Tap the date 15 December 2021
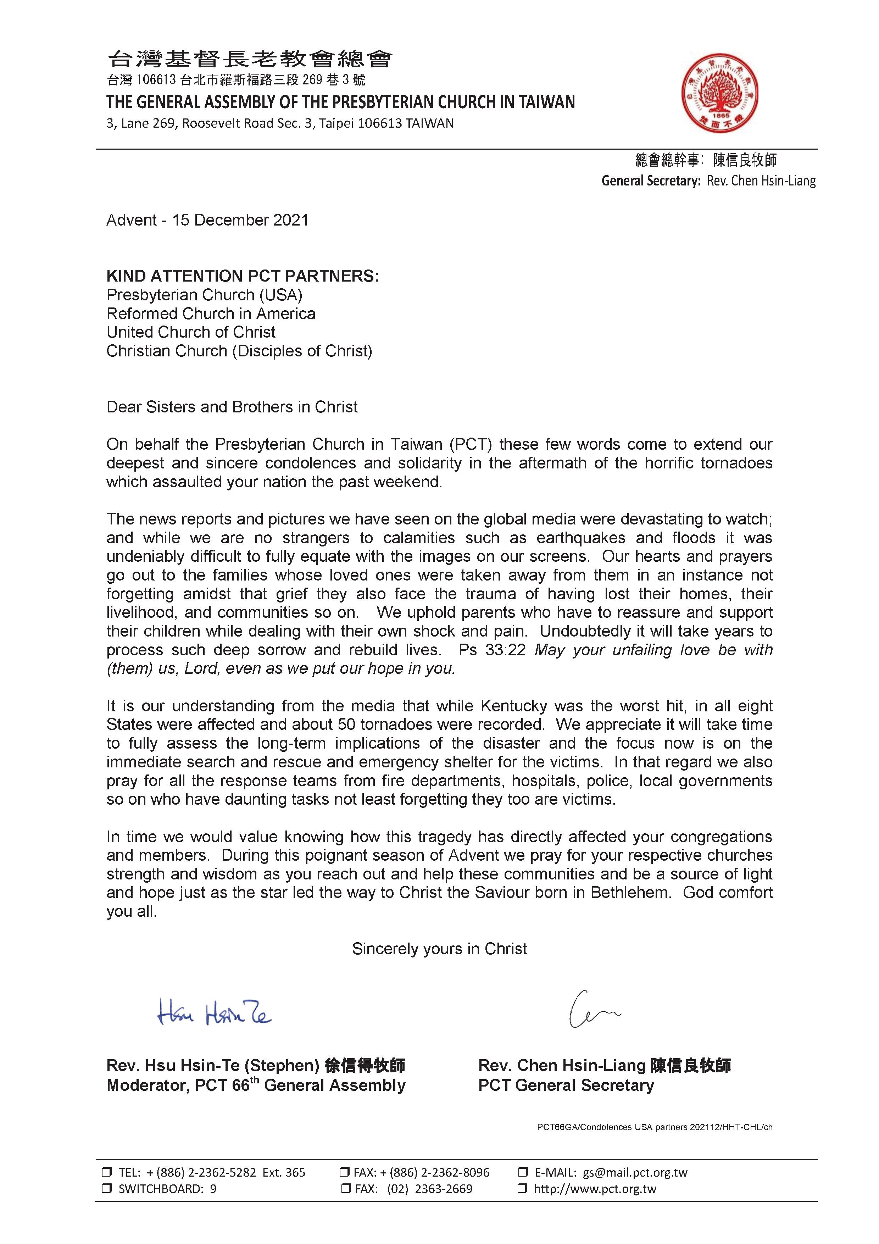240,221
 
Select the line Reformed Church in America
211,314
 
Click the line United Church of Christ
191,332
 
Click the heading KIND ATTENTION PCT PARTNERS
243,276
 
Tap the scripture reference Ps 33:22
492,650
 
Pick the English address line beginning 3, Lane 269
280,123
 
